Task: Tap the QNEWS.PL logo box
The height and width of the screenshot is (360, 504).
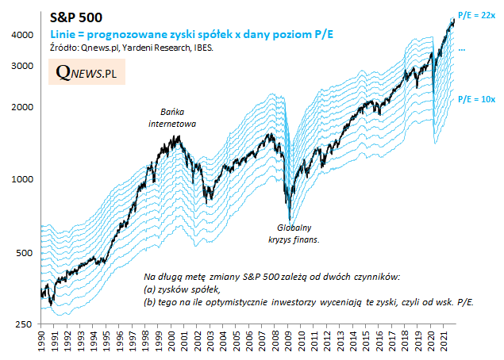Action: pyautogui.click(x=87, y=72)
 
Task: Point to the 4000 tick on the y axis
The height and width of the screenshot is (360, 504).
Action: pyautogui.click(x=22, y=35)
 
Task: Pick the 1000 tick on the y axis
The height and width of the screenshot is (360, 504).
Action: pyautogui.click(x=22, y=179)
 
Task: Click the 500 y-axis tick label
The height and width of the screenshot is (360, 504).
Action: pyautogui.click(x=25, y=253)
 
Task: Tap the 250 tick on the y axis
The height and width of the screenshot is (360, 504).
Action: pyautogui.click(x=25, y=325)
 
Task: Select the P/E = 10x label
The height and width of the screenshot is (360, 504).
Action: pyautogui.click(x=477, y=99)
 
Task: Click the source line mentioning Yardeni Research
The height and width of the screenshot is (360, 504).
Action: pyautogui.click(x=130, y=48)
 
